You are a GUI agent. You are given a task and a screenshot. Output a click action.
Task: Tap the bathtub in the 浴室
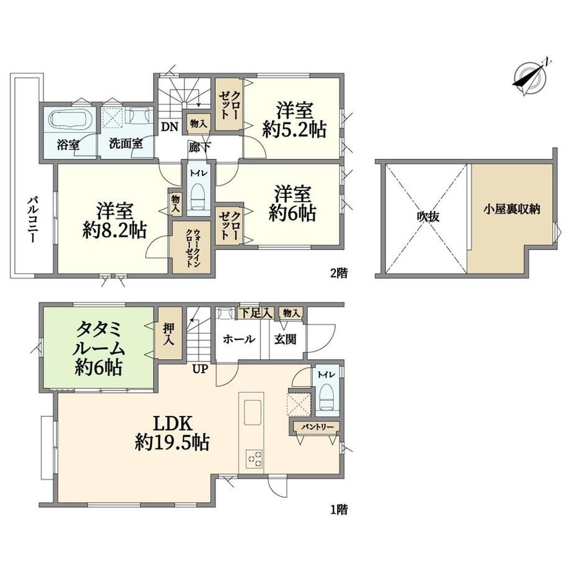pyautogui.click(x=68, y=119)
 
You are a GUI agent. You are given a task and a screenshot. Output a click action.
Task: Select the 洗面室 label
pyautogui.click(x=126, y=144)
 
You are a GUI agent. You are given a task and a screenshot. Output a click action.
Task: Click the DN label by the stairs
pyautogui.click(x=169, y=127)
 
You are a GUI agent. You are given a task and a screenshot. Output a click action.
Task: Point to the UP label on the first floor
pyautogui.click(x=200, y=369)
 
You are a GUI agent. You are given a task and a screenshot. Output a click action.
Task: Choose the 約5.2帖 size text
pyautogui.click(x=294, y=129)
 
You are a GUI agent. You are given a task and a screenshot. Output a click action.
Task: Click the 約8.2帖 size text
pyautogui.click(x=114, y=230)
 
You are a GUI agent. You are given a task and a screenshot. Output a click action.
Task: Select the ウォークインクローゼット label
pyautogui.click(x=192, y=248)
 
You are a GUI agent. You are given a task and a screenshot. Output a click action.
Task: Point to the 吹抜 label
pyautogui.click(x=428, y=217)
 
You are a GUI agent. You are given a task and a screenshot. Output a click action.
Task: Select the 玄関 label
pyautogui.click(x=285, y=339)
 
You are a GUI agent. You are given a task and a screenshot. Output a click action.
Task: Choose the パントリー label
pyautogui.click(x=317, y=426)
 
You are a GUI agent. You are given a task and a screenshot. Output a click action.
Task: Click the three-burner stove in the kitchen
pyautogui.click(x=253, y=459)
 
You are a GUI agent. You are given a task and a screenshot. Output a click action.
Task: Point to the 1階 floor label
pyautogui.click(x=338, y=509)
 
